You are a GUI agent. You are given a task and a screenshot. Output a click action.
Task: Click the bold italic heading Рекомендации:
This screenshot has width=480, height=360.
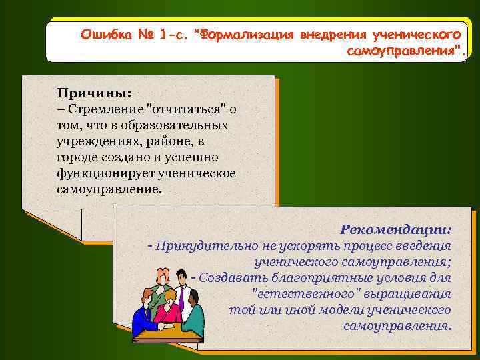[x=395, y=229]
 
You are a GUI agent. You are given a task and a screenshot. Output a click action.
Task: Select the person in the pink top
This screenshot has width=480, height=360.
[x=169, y=307]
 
